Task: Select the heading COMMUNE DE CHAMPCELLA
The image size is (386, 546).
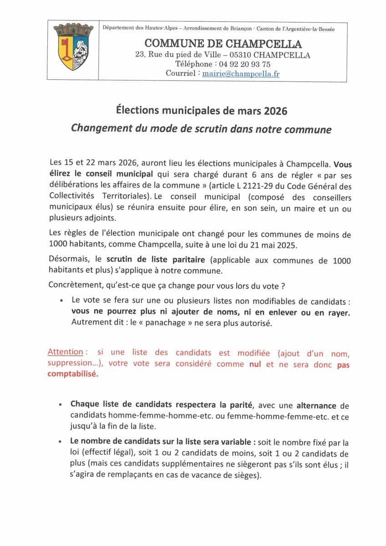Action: (x=223, y=44)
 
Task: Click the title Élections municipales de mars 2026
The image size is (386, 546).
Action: (x=201, y=111)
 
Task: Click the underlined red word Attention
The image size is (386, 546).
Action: (x=65, y=352)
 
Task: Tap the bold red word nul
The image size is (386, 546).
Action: (x=255, y=364)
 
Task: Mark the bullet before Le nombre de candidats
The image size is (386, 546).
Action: (x=61, y=442)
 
